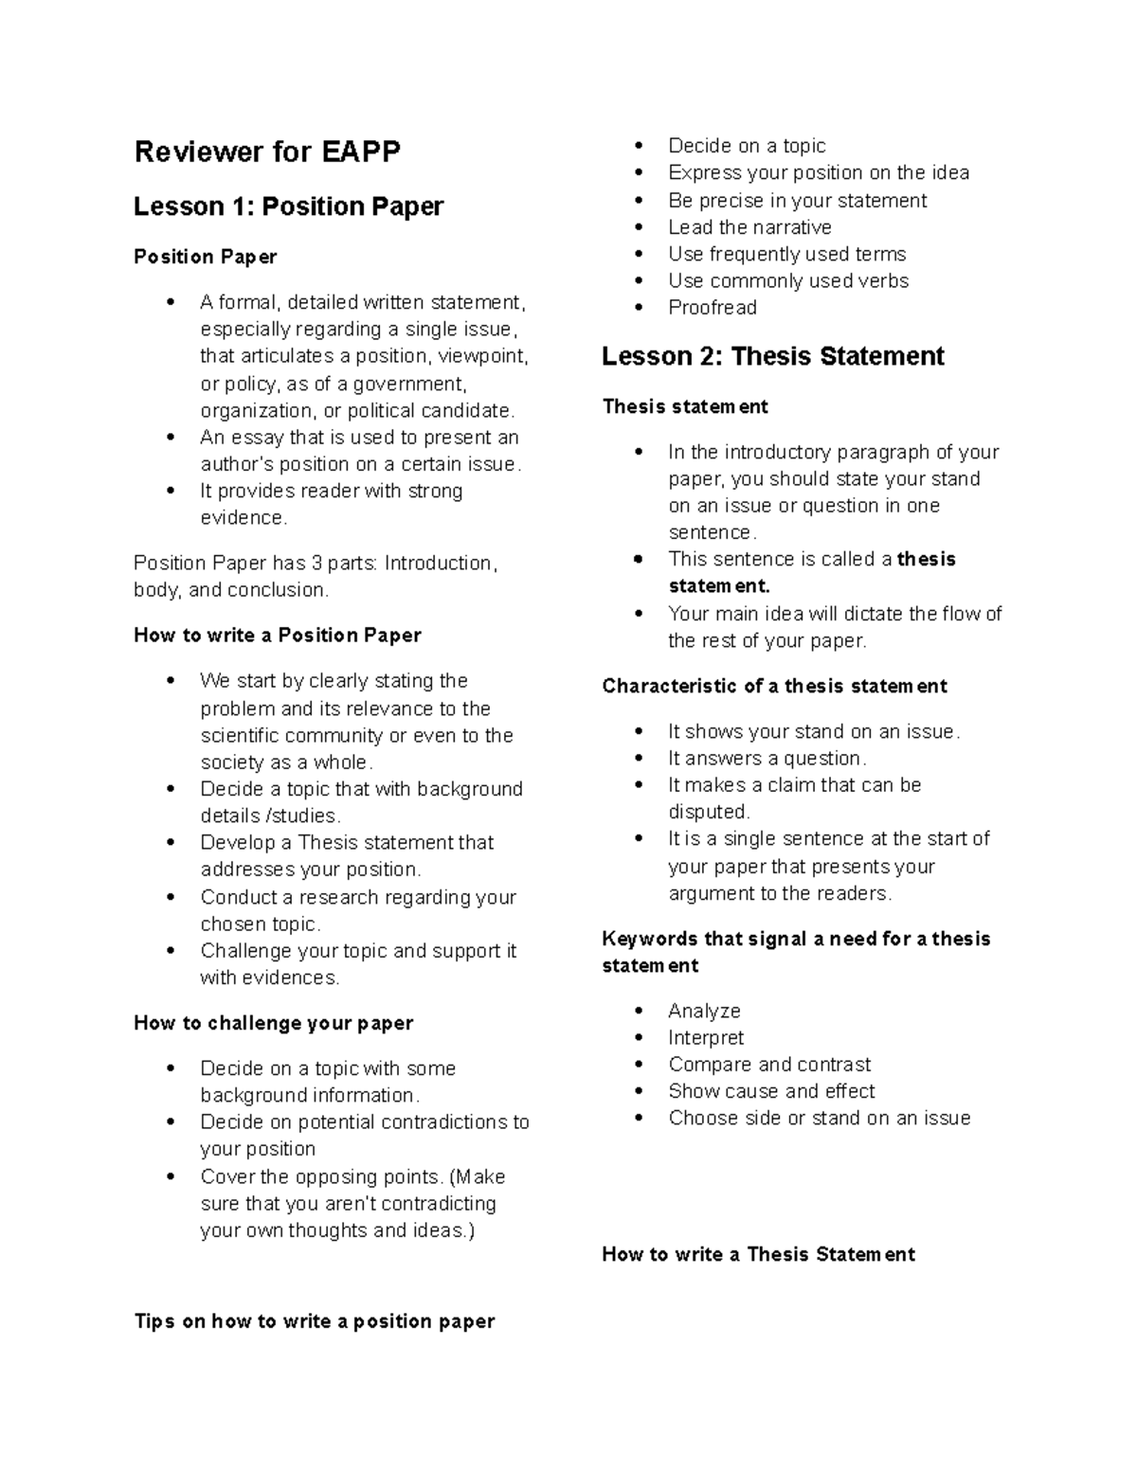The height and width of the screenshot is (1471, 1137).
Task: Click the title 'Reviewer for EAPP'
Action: click(x=267, y=152)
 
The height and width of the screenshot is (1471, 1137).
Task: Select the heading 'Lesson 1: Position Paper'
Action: click(x=288, y=206)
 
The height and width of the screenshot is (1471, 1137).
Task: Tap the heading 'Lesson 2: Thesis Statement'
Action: click(x=773, y=356)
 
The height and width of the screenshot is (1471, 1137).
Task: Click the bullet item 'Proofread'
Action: click(x=712, y=308)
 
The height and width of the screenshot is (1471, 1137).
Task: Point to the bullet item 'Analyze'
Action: click(x=704, y=1011)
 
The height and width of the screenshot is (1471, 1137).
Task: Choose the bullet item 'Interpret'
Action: click(x=706, y=1037)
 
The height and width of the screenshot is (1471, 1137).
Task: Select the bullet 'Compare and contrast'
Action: click(x=769, y=1064)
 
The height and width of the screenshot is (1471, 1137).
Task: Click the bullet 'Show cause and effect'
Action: click(x=771, y=1091)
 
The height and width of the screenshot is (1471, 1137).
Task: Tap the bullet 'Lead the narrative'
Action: click(x=749, y=227)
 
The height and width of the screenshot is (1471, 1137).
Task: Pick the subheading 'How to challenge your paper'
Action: click(x=274, y=1023)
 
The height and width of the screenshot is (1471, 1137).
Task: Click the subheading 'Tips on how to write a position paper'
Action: click(x=315, y=1321)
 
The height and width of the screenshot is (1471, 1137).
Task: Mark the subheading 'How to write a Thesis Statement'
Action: click(x=758, y=1254)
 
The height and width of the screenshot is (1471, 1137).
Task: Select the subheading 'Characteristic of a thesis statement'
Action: click(x=774, y=686)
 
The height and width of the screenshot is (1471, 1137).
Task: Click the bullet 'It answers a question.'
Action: click(x=767, y=758)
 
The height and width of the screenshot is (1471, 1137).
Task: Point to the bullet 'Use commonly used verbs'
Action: click(x=788, y=280)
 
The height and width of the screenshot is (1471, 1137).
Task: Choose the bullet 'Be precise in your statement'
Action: click(x=797, y=201)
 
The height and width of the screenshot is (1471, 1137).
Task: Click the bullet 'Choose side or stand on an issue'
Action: click(x=819, y=1118)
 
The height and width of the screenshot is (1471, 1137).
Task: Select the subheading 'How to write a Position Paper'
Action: click(x=278, y=636)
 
